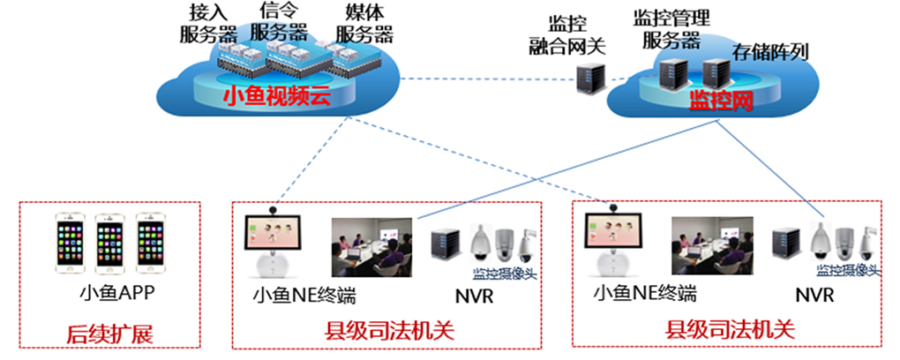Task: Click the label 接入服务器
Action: [x=208, y=24]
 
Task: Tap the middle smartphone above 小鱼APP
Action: [x=109, y=239]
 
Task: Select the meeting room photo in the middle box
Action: [x=371, y=241]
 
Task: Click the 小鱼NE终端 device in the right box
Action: [x=612, y=244]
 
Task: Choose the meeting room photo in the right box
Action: [x=710, y=241]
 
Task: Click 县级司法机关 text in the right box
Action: [x=730, y=332]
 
